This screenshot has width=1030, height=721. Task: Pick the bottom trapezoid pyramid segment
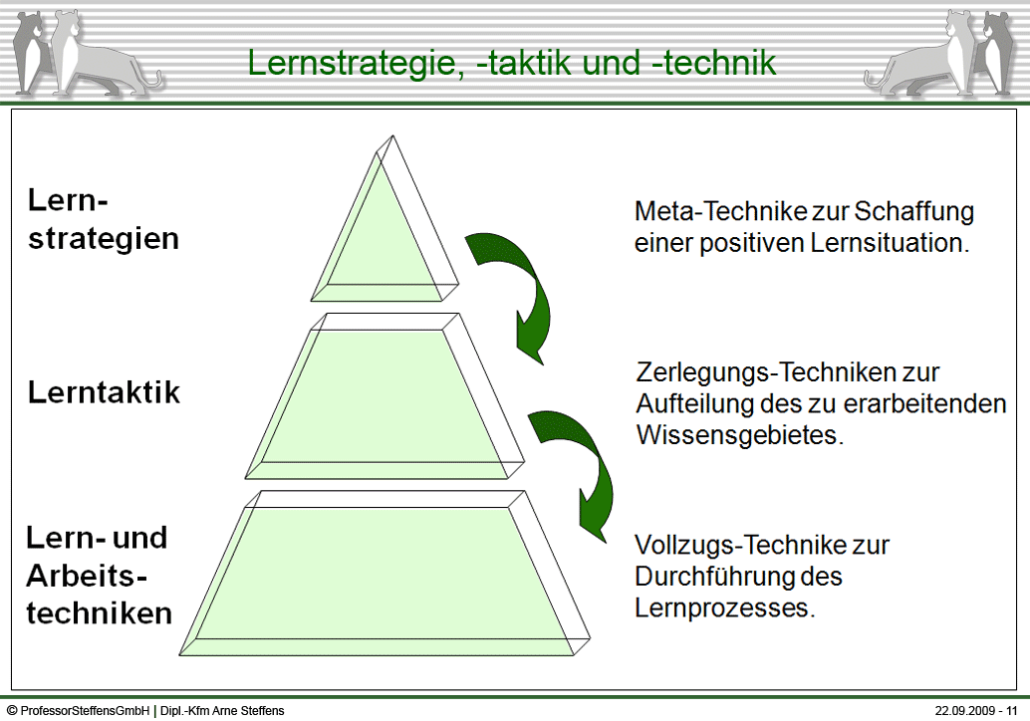click(385, 573)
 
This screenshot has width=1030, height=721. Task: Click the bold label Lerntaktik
click(104, 392)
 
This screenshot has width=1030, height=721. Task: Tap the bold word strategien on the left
click(104, 239)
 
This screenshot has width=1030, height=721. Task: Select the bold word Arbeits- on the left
click(87, 576)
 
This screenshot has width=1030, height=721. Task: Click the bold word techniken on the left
click(100, 613)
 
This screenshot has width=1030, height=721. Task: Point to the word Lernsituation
click(890, 243)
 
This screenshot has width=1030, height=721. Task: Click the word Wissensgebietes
click(740, 435)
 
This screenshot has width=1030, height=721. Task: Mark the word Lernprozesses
click(724, 608)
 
